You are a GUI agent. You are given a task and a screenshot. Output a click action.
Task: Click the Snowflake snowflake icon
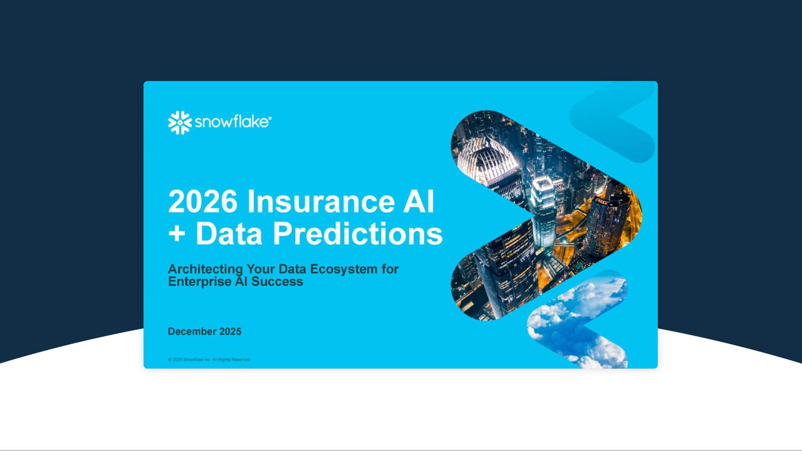click(180, 123)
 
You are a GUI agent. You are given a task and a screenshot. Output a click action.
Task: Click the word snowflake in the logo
click(232, 122)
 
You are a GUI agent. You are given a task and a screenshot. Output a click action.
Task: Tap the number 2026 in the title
click(202, 202)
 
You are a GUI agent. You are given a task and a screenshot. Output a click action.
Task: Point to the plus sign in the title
click(179, 234)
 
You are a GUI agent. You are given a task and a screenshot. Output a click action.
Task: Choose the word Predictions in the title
click(358, 234)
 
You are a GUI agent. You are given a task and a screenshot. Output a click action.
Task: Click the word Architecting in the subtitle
click(205, 269)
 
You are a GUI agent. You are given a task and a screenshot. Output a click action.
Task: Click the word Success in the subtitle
click(278, 282)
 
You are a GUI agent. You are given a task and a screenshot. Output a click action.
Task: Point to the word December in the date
click(192, 331)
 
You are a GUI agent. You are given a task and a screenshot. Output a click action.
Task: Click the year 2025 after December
click(230, 331)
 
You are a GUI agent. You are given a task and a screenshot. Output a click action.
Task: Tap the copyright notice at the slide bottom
click(209, 360)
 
